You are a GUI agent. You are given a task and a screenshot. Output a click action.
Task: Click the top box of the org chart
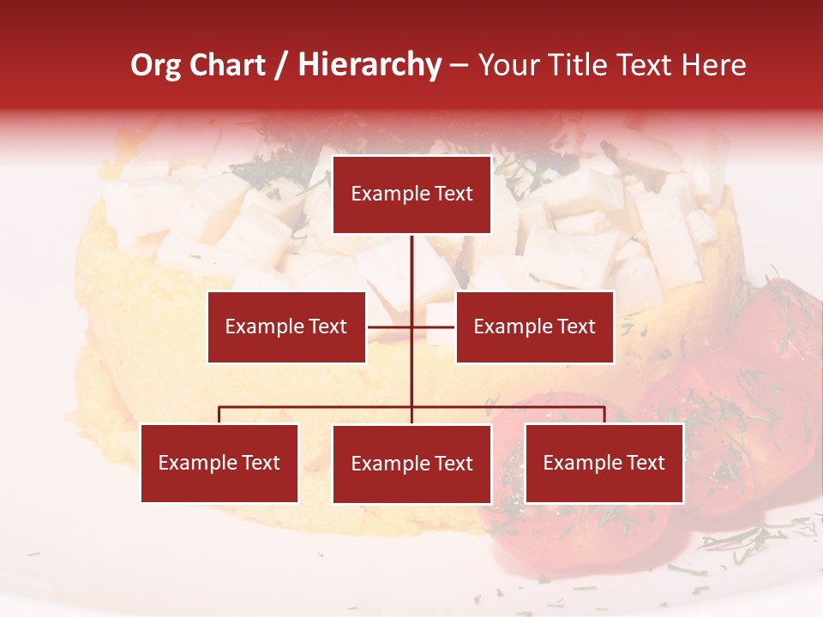coord(411,195)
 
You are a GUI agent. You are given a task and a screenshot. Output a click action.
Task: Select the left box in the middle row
coord(286,326)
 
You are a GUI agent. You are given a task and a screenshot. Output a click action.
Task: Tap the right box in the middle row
coord(534,326)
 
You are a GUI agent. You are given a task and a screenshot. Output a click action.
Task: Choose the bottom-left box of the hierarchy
coord(219,463)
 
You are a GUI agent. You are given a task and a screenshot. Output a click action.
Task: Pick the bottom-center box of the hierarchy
coord(411,464)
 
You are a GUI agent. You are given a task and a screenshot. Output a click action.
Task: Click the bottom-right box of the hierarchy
coord(604,463)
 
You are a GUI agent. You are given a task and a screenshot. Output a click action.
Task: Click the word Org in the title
coord(156,65)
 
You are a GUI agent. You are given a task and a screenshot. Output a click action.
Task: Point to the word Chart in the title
coord(227,65)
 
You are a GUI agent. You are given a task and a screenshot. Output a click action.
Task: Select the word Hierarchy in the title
coord(369,65)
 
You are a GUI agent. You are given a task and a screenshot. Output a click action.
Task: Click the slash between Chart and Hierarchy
coord(282,65)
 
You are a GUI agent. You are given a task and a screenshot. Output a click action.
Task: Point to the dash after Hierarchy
coord(459,65)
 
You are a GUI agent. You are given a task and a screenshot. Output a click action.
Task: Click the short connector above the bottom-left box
coord(219,415)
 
